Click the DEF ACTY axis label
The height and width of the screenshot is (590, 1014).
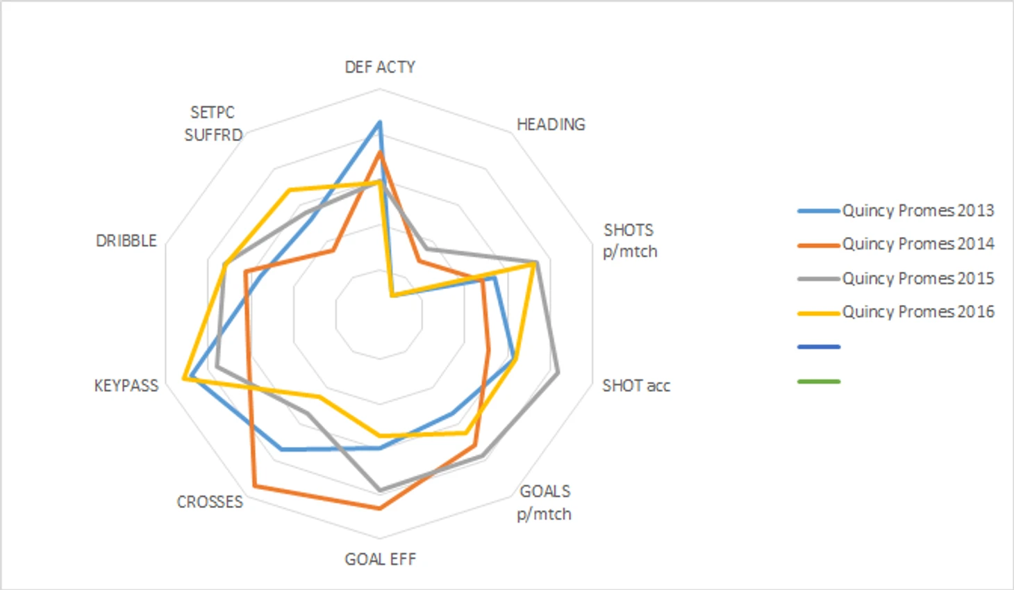[380, 67]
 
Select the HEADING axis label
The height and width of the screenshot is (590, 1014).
[551, 124]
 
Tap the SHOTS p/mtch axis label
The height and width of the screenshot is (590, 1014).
[629, 240]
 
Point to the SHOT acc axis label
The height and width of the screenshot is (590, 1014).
[636, 386]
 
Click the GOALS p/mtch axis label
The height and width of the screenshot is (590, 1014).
[545, 502]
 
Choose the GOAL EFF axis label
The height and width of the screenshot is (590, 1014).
[380, 559]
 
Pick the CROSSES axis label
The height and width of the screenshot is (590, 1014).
[210, 502]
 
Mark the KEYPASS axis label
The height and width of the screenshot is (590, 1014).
[126, 386]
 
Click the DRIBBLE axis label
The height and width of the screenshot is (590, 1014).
[126, 240]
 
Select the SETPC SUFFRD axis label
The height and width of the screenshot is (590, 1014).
[213, 124]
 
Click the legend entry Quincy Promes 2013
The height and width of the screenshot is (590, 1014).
[917, 211]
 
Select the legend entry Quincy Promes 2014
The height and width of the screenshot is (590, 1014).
[917, 244]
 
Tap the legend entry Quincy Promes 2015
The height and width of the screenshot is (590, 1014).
[917, 278]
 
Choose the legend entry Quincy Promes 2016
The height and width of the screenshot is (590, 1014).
[917, 311]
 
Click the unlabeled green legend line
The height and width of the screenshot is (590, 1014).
[819, 382]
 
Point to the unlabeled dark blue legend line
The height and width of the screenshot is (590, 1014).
[819, 346]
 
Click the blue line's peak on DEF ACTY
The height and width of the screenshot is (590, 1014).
[379, 122]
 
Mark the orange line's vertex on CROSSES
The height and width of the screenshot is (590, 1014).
[254, 486]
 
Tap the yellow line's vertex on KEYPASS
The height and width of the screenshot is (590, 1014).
[184, 379]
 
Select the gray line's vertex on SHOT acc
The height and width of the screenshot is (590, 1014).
[558, 373]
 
